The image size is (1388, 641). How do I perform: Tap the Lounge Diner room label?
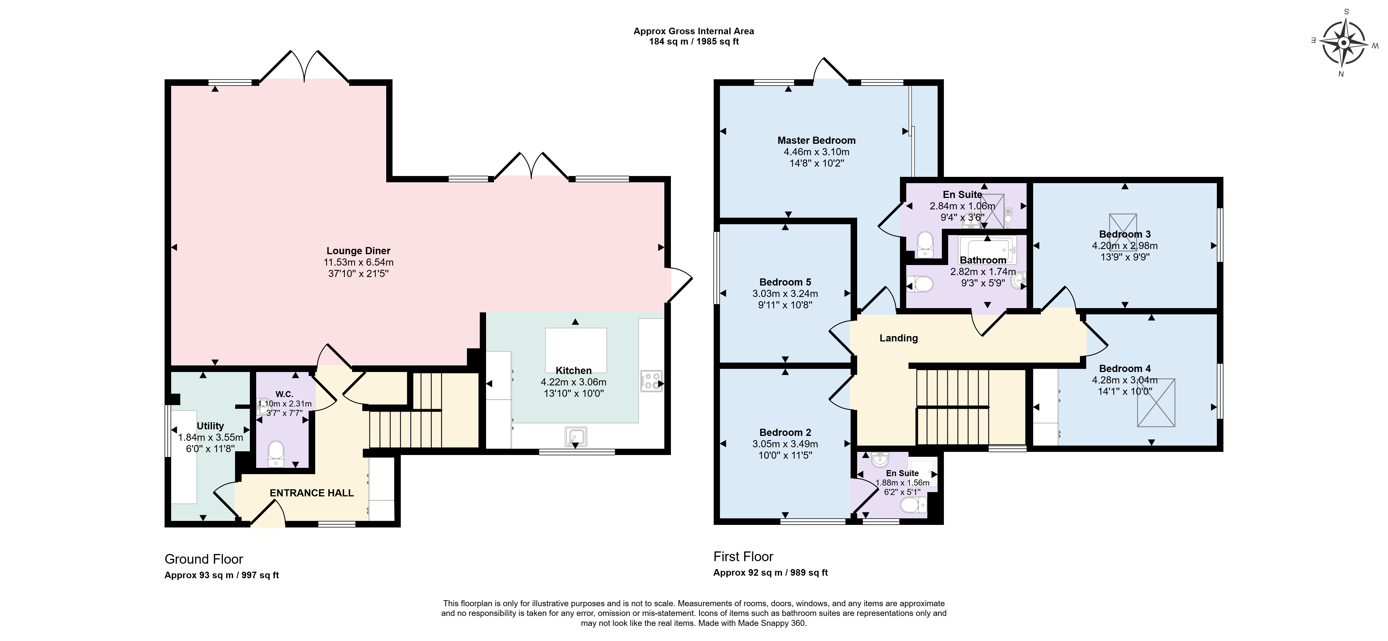(358, 250)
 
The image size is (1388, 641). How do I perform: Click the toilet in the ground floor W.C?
(276, 454)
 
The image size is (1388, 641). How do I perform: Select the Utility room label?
(210, 426)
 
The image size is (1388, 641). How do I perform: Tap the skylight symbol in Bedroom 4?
(1156, 403)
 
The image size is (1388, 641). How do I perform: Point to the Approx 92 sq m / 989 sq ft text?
(770, 573)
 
